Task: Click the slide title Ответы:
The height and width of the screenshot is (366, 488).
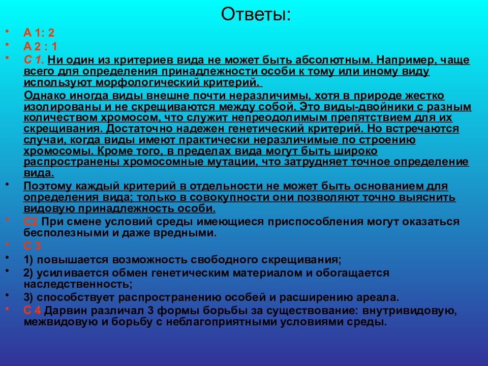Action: click(x=256, y=14)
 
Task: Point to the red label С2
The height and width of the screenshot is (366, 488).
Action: click(x=31, y=222)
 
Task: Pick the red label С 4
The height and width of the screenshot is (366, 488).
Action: click(x=33, y=310)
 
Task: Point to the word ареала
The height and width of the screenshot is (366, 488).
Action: click(x=366, y=297)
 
